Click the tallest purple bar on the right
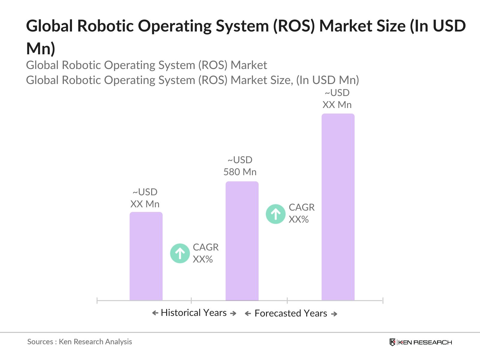[x=338, y=207]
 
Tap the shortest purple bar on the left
[x=146, y=256]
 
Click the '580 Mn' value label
[x=240, y=172]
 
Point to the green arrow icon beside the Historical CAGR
[x=180, y=253]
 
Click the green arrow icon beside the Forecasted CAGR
[x=275, y=214]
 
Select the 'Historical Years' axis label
[x=194, y=313]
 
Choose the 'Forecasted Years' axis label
[x=291, y=313]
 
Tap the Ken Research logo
[x=420, y=342]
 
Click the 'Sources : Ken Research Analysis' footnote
[x=79, y=342]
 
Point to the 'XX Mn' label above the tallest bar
[x=337, y=105]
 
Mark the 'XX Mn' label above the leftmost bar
[x=145, y=204]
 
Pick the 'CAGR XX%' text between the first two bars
[x=205, y=253]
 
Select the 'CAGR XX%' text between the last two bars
[x=301, y=213]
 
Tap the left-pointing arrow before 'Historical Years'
[x=155, y=313]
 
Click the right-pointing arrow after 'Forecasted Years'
[x=334, y=314]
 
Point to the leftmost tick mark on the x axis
[x=97, y=300]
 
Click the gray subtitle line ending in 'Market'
[x=146, y=65]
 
